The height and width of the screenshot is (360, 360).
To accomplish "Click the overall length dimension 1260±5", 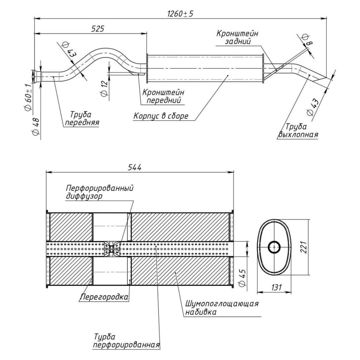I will coord(180,14).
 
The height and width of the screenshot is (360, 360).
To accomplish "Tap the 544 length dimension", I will coord(134,167).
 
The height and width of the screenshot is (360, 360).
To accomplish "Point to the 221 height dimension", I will coord(303,247).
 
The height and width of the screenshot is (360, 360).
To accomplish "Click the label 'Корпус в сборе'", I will coord(161,116).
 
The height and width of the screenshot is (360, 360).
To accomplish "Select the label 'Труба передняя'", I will coord(82,119).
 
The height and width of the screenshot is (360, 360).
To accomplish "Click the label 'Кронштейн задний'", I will coord(237,37).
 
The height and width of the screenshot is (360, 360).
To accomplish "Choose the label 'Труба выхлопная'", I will coord(298,130).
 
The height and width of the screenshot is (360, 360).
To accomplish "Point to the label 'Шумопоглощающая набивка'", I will coord(222,308).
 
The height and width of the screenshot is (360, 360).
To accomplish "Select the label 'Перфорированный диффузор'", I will coord(99,192).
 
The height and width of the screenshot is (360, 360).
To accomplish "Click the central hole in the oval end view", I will coord(274,247).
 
